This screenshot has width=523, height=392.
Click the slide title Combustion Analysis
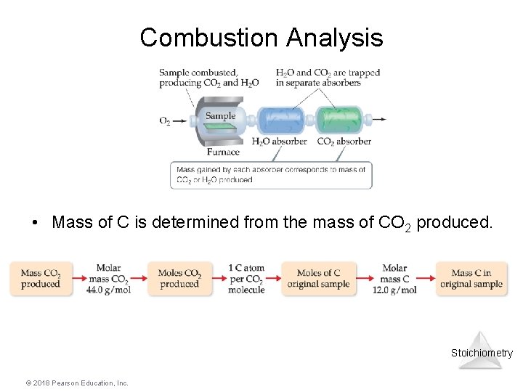click(261, 37)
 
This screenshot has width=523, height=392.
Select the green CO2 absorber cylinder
click(339, 119)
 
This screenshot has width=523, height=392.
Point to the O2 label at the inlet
click(165, 121)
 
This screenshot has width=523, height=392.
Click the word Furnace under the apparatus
click(223, 152)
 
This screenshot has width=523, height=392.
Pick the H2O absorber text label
click(279, 142)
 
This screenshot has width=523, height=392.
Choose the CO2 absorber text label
click(344, 142)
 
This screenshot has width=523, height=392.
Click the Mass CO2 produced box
click(41, 279)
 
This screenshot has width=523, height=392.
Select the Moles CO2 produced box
click(179, 279)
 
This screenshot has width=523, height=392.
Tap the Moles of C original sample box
click(318, 279)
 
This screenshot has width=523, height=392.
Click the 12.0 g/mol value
click(394, 290)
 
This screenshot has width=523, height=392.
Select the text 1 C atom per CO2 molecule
click(246, 279)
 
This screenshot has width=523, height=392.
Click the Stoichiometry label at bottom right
click(481, 353)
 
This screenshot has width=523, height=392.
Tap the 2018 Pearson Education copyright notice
click(66, 383)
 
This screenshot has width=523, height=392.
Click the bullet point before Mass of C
click(35, 223)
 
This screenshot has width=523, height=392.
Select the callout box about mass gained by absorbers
click(271, 175)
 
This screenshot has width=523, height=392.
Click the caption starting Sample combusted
click(208, 78)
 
